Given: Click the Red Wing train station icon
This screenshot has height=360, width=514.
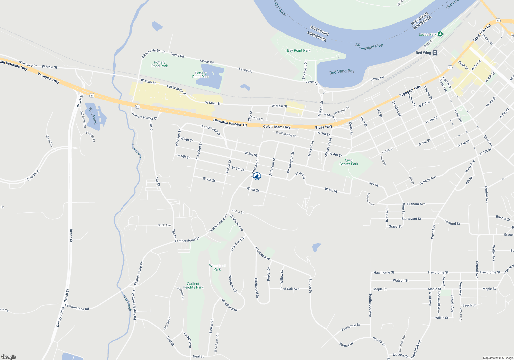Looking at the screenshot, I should (435, 53).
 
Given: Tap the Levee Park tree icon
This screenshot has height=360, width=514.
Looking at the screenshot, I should (440, 34).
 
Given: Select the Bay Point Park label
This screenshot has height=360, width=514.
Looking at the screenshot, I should (299, 51).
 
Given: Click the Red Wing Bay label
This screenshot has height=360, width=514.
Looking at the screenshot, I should (342, 72).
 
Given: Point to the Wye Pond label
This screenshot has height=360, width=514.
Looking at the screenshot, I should (93, 116).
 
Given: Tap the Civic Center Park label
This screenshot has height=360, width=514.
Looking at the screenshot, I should (349, 162).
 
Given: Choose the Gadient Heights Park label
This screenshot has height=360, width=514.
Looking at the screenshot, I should (193, 285).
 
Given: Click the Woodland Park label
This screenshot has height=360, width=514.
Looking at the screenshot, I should (217, 267).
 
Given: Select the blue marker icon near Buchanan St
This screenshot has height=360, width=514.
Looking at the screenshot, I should (257, 176).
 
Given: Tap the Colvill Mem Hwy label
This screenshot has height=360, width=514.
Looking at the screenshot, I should (277, 127).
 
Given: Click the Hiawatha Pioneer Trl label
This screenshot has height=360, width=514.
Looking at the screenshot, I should (230, 123).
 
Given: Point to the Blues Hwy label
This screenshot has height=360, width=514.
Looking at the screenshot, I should (324, 127).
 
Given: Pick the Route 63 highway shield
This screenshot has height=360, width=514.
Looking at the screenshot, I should (498, 20).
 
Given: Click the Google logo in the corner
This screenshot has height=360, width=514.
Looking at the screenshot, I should (9, 357).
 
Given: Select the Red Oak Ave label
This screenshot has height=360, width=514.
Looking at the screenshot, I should (290, 289).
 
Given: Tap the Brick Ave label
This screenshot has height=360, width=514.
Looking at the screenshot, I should (164, 225).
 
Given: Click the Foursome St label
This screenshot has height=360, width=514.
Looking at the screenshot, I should (351, 327).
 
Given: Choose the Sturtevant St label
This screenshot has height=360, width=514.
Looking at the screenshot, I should (411, 219).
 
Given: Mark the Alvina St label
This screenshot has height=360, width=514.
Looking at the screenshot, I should (237, 212).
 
